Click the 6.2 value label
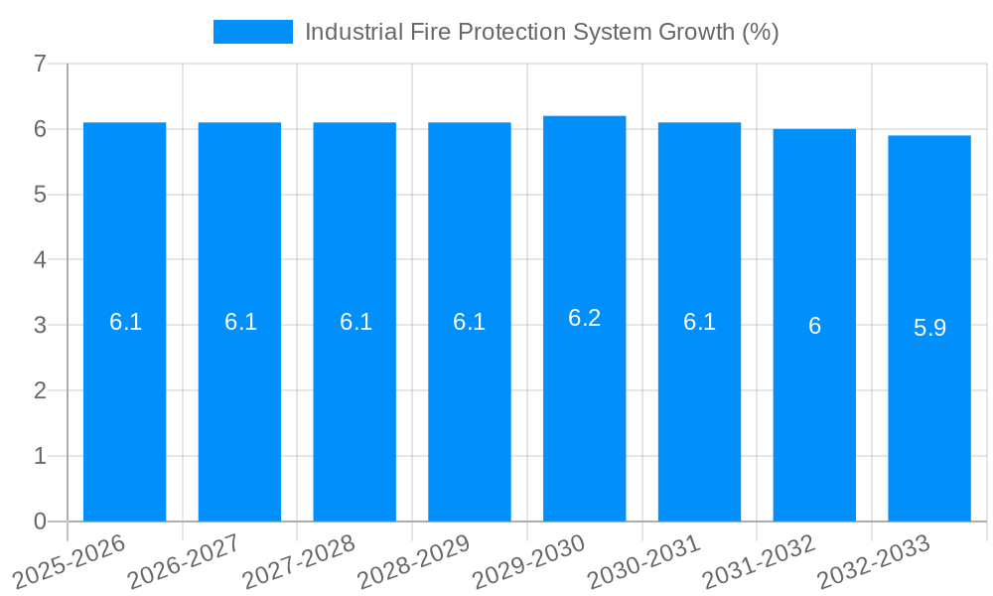tap(584, 318)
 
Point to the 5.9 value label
tap(929, 328)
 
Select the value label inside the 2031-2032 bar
tap(814, 326)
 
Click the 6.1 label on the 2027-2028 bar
tap(355, 322)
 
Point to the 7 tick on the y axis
tap(40, 64)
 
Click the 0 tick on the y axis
tap(40, 521)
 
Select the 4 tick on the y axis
tap(40, 260)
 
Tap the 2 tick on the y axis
tap(40, 390)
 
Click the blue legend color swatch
tap(253, 32)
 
